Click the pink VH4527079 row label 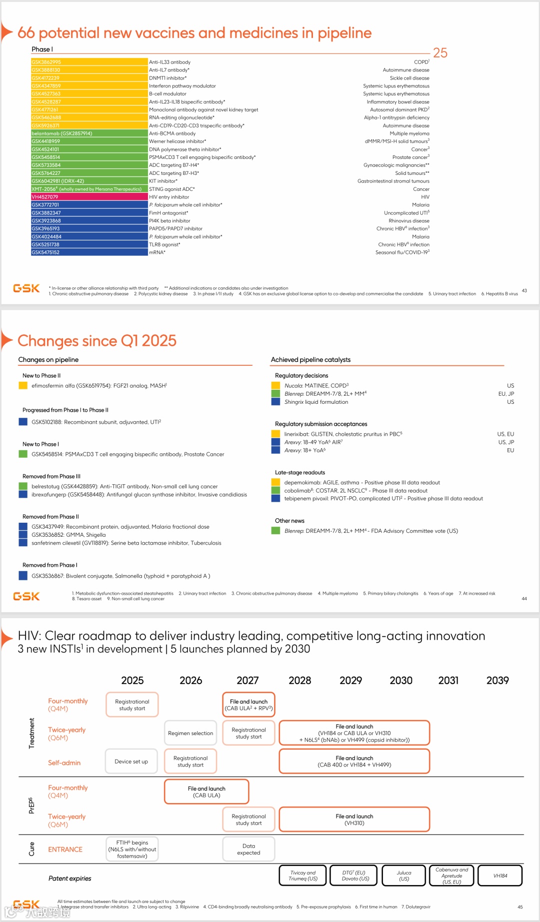tap(89, 197)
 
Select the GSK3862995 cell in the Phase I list tap(89, 62)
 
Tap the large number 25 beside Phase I tap(440, 53)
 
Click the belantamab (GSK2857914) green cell tap(89, 133)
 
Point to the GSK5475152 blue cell tap(89, 252)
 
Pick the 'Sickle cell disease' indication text tap(409, 78)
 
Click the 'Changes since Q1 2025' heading tap(97, 341)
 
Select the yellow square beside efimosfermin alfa tap(23, 385)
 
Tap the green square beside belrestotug tap(23, 486)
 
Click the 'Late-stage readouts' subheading tap(300, 472)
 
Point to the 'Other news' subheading tap(289, 521)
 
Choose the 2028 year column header tap(299, 681)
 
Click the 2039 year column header tap(497, 681)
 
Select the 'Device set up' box tap(131, 762)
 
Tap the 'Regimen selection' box tap(190, 733)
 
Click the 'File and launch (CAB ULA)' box tap(206, 792)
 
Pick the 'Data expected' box tap(248, 850)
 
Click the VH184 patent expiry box tap(500, 876)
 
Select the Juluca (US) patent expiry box tap(403, 876)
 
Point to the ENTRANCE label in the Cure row tap(65, 850)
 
